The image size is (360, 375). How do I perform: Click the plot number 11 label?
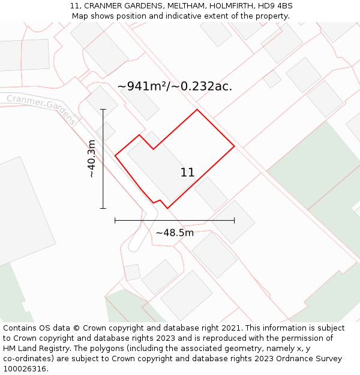coord(187,173)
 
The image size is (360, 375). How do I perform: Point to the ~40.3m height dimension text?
coord(91,158)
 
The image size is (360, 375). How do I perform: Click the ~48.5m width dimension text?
coord(175,233)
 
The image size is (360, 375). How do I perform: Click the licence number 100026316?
coord(25,368)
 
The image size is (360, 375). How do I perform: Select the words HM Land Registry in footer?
coord(37,348)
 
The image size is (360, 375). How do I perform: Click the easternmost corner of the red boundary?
coord(234,146)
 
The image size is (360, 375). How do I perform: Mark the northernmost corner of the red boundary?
coord(197,110)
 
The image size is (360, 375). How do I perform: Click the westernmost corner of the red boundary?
coord(115,155)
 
